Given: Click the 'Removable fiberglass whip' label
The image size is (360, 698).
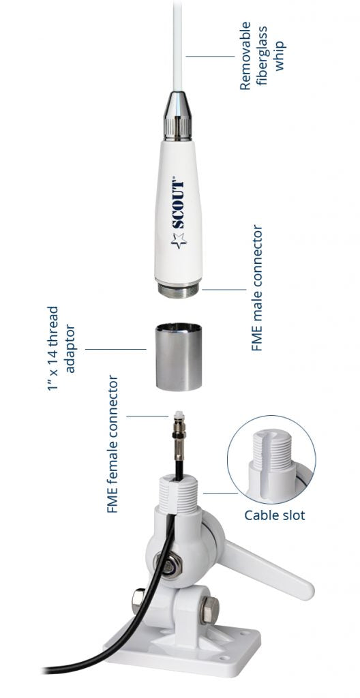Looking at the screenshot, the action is (x=262, y=57).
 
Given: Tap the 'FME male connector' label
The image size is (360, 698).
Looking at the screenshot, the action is (x=258, y=288).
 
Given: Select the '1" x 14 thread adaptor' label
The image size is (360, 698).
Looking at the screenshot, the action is (x=61, y=348).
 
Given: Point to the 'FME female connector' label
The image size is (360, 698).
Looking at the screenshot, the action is (x=113, y=444).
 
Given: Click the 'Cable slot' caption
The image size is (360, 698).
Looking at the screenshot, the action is (x=275, y=515).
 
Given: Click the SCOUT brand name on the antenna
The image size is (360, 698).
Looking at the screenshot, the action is (x=178, y=204).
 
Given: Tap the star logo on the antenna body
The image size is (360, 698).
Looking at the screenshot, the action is (x=179, y=241).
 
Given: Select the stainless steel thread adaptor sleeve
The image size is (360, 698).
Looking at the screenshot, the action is (x=178, y=356).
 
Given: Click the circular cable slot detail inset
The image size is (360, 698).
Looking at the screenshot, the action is (x=271, y=460).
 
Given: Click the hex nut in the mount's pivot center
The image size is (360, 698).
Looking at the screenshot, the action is (x=168, y=565).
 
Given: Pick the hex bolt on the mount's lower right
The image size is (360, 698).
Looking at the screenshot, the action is (x=209, y=609).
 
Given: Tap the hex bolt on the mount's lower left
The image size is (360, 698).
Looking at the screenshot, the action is (x=138, y=601).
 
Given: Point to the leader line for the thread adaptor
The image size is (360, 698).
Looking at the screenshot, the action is (x=115, y=350).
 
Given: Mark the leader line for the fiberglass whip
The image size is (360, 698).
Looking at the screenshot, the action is (x=210, y=56).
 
